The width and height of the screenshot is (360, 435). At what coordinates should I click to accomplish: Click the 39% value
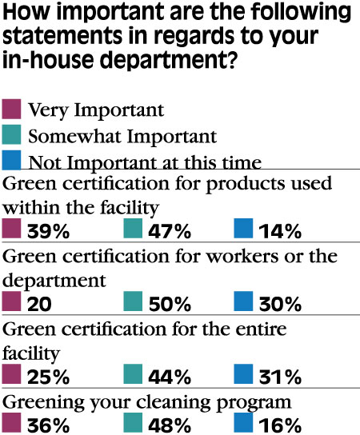coord(48,231)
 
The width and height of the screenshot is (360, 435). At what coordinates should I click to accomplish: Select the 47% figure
coord(170,231)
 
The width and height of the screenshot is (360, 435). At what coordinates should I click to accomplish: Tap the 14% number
coord(280,231)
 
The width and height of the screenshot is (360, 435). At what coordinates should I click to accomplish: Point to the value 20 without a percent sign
coord(39,304)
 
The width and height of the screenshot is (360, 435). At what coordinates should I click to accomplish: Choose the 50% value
coord(170,304)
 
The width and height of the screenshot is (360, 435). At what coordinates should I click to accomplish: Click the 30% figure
coord(280,304)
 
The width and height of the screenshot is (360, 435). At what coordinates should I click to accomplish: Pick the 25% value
coord(48,377)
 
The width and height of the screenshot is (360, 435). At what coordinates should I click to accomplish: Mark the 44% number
coord(170,377)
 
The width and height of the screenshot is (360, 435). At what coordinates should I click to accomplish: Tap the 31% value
coord(280,377)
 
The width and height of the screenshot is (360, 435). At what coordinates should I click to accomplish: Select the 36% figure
coord(48,425)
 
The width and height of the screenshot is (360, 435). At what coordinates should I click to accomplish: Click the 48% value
coord(170,425)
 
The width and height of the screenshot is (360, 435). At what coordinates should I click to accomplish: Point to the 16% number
coord(280,425)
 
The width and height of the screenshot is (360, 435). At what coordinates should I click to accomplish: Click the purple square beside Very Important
coord(11,109)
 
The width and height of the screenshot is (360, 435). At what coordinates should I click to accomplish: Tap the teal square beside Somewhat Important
coord(11,134)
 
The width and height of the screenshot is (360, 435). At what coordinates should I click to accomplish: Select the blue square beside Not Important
coord(11,160)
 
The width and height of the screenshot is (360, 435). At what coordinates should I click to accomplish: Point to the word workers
coord(242,256)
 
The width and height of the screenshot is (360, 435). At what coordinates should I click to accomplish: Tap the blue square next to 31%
coord(243,374)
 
